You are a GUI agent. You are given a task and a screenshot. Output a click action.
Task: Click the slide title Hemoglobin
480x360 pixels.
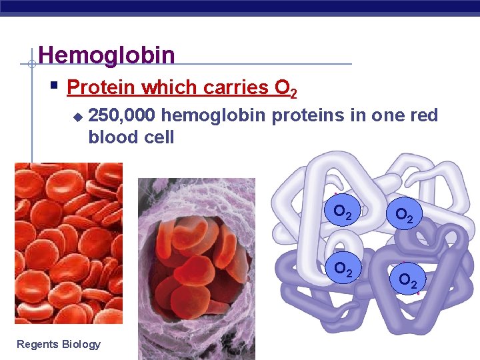click(107, 55)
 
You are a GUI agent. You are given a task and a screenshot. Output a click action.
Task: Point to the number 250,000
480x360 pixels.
click(122, 116)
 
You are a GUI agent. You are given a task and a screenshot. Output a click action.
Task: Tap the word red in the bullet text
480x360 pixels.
click(423, 116)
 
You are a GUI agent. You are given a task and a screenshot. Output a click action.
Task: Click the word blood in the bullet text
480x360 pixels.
click(111, 137)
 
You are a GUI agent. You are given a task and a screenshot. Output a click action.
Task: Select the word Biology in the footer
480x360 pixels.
click(81, 344)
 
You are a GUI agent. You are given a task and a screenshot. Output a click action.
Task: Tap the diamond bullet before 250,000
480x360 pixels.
click(77, 117)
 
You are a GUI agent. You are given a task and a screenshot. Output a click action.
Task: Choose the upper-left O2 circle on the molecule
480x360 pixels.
click(343, 213)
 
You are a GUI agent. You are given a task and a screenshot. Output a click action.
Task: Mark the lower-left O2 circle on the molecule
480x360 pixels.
click(343, 269)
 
